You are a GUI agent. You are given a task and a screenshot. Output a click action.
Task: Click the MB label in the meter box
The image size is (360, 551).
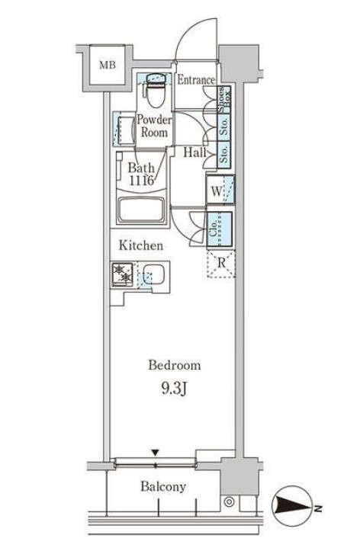click(x=108, y=65)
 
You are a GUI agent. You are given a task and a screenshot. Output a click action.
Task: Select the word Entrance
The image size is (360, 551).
click(x=196, y=80)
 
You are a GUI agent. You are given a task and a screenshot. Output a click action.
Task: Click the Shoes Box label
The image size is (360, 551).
click(x=224, y=100)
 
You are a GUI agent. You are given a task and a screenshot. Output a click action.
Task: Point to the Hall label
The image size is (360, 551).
click(x=195, y=152)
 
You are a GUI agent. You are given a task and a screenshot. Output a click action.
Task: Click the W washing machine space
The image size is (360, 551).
click(x=220, y=190)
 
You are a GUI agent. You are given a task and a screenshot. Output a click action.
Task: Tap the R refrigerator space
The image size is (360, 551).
click(x=220, y=264)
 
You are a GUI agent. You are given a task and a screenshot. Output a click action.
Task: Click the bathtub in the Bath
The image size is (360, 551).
click(x=141, y=210)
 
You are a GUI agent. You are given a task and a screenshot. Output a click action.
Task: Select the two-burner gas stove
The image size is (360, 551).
click(x=122, y=274)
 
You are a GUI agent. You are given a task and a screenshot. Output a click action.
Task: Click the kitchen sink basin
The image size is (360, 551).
click(x=153, y=274)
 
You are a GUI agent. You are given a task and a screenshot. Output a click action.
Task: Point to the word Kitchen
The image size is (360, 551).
click(x=140, y=245)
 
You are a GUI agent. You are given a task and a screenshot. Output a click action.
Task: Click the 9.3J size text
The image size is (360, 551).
click(x=174, y=389)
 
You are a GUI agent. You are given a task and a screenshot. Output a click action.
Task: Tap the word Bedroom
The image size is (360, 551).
click(x=175, y=366)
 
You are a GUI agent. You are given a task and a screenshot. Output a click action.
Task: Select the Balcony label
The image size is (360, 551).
click(x=163, y=487)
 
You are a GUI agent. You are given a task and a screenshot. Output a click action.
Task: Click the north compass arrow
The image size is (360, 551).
click(x=293, y=505)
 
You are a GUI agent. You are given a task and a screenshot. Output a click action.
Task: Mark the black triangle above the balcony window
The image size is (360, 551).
click(x=156, y=452)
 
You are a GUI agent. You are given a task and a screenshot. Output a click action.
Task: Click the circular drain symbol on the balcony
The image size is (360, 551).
click(x=230, y=502)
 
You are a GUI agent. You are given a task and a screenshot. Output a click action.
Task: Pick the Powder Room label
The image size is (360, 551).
click(x=154, y=126)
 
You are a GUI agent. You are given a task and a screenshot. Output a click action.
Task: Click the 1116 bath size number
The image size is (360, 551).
click(x=141, y=181)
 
